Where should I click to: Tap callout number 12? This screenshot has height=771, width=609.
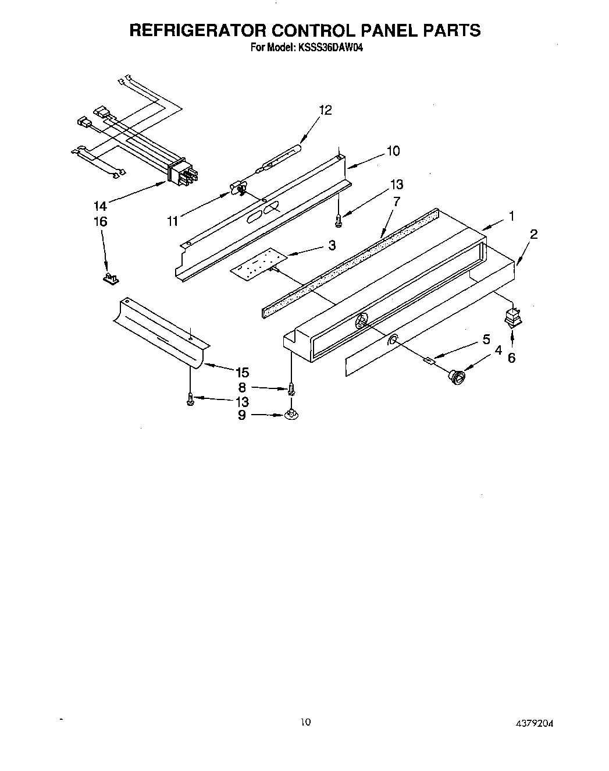(326, 110)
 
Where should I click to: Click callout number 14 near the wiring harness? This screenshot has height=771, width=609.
(100, 205)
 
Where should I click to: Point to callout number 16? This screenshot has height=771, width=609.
(100, 221)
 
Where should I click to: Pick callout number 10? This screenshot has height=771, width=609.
(393, 151)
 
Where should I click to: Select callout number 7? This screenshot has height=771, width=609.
(397, 201)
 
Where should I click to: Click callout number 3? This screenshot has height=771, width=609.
(332, 245)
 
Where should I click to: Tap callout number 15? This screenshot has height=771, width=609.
(241, 372)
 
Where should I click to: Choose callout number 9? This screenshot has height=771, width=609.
(241, 415)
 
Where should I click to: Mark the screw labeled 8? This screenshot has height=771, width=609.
(290, 388)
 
